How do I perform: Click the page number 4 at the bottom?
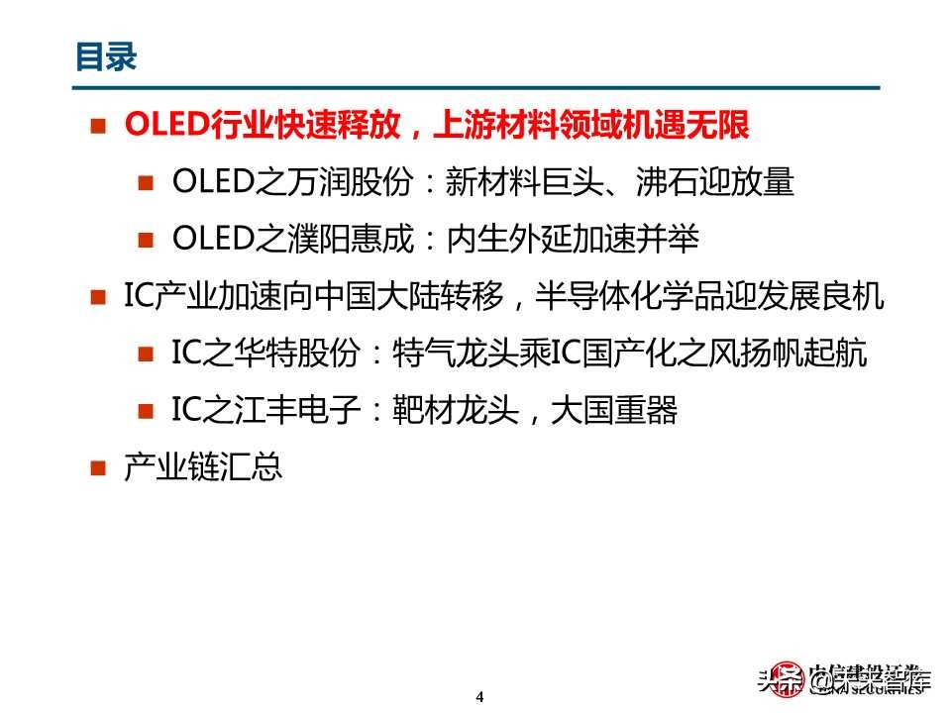(x=479, y=696)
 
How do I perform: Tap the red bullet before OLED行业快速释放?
(x=97, y=125)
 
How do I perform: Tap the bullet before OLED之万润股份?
(x=146, y=182)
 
